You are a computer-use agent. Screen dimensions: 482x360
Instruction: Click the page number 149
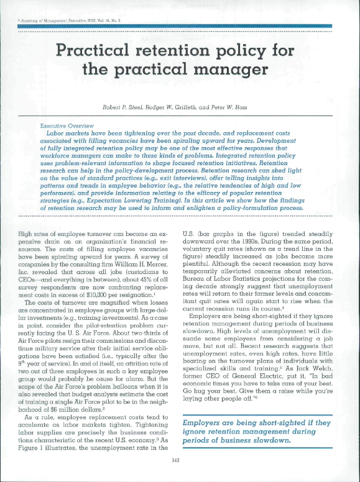[x=180, y=460]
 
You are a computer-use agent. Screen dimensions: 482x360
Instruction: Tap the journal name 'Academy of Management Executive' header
[x=50, y=20]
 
